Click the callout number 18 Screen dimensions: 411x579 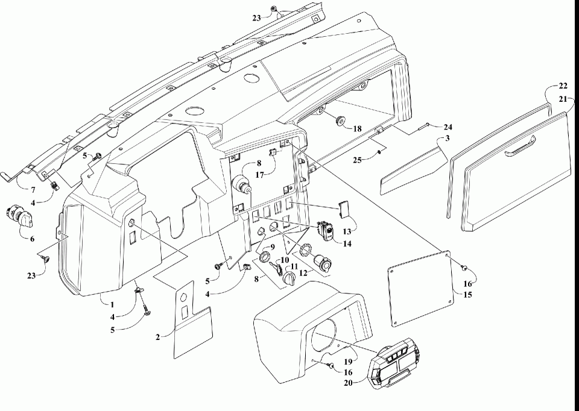pos(358,128)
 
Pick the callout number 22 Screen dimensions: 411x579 pos(563,86)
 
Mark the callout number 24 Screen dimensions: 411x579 pos(448,127)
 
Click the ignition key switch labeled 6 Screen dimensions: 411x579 pos(17,215)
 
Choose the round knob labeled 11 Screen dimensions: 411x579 pos(289,278)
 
